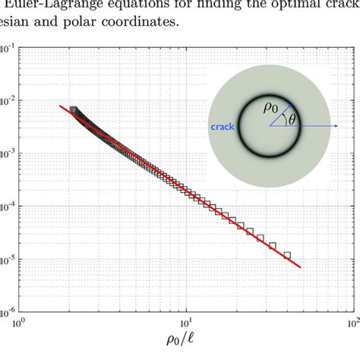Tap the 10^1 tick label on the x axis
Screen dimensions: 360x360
185,322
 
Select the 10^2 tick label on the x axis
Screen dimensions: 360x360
350,322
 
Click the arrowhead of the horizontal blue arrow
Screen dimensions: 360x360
336,126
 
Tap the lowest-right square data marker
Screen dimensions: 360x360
287,255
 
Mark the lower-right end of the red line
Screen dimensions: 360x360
302,267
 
